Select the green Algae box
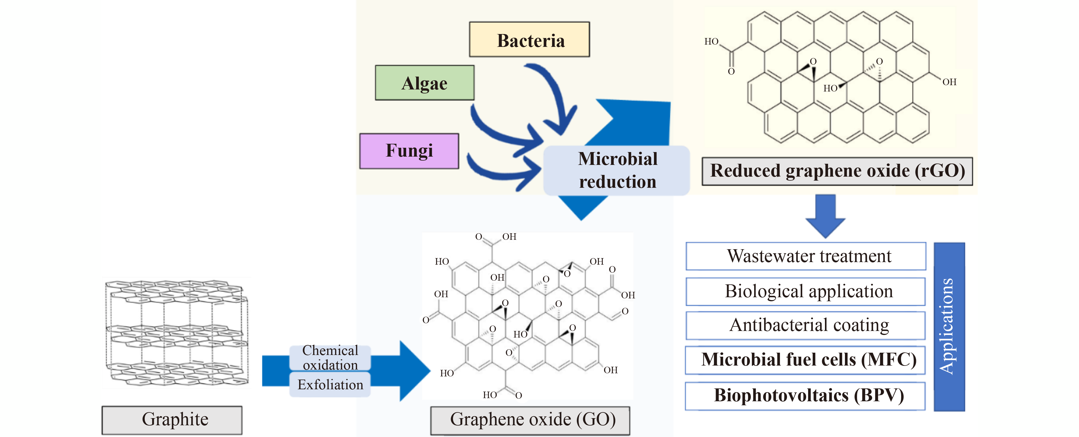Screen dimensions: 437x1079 point(424,83)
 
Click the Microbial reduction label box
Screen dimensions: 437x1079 point(617,171)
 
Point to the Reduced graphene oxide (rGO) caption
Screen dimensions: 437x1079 point(837,171)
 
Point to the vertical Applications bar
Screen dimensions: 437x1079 point(949,327)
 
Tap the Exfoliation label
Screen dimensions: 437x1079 point(330,385)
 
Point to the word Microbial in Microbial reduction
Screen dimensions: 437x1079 point(617,159)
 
